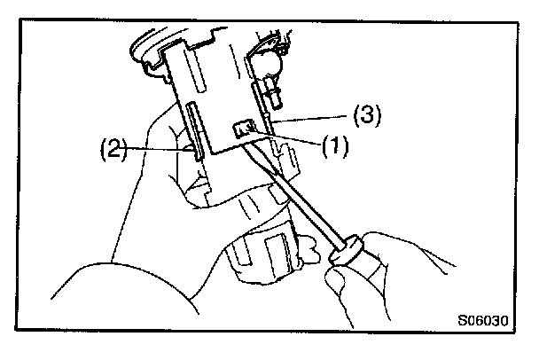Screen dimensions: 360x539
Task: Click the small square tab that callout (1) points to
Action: pos(241,131)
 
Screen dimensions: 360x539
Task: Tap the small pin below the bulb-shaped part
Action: pos(271,90)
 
